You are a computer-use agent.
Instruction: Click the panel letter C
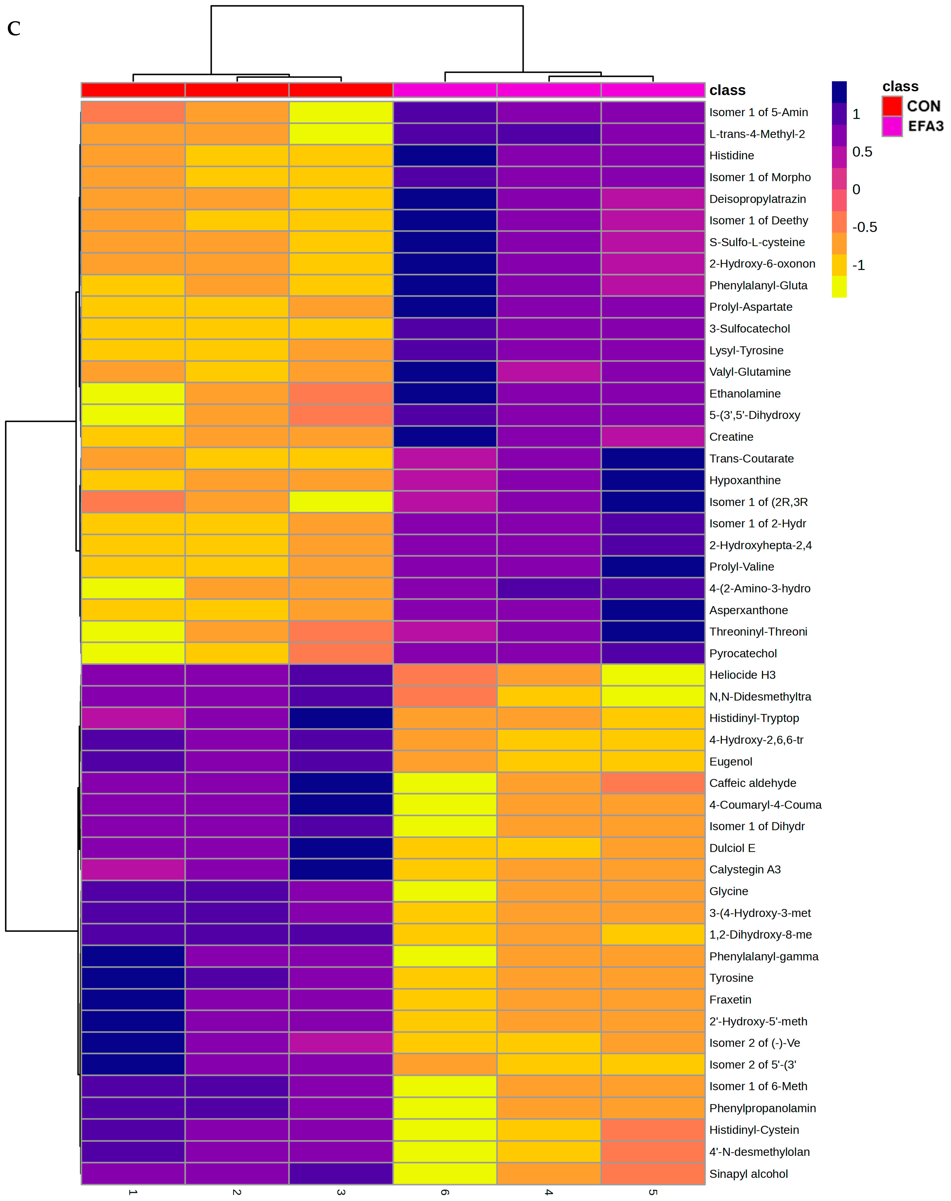14,28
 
